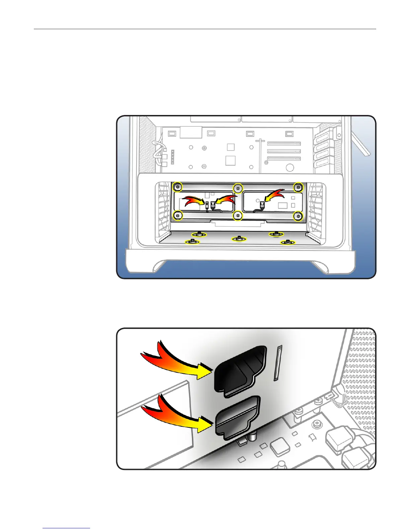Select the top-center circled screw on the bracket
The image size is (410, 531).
pos(238,188)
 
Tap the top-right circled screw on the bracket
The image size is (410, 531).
pos(298,187)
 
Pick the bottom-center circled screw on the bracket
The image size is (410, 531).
pos(237,216)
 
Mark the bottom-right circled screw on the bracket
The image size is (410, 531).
pos(297,217)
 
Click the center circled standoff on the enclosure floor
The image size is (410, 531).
pos(238,238)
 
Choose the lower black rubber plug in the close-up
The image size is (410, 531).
pos(237,417)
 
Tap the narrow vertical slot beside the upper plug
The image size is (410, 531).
pos(278,363)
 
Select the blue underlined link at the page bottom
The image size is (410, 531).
pos(67,528)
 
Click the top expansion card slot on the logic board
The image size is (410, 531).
pos(284,144)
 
